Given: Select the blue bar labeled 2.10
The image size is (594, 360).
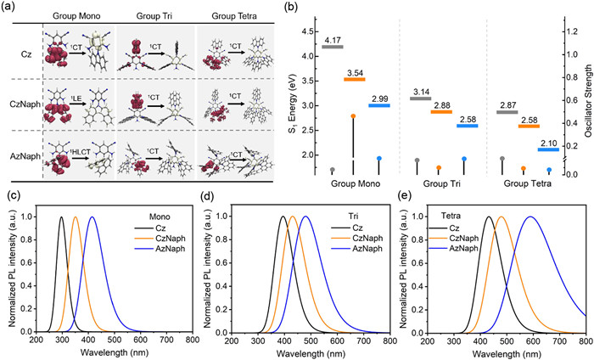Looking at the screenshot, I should [548, 149].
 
